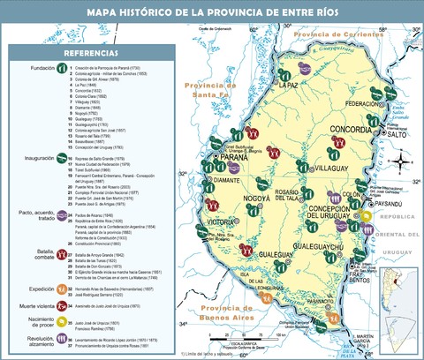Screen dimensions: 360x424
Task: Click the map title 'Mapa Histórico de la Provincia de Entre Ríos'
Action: coord(211,12)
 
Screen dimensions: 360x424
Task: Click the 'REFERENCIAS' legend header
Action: coord(66,54)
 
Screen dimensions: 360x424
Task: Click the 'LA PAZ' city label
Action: coord(288,86)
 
